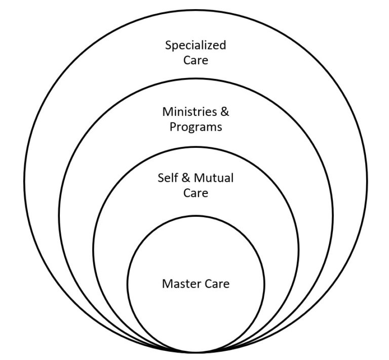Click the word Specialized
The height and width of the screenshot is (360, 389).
[196, 46]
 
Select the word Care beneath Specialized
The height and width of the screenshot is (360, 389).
[196, 61]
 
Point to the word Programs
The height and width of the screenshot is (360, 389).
[196, 127]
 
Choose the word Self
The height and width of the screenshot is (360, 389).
[167, 178]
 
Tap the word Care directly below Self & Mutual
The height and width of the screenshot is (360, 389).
[196, 193]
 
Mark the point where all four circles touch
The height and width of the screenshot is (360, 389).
[196, 352]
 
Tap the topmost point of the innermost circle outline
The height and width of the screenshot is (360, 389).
[196, 215]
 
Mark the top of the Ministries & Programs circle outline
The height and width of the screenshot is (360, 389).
[196, 78]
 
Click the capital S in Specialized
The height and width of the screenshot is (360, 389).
[168, 46]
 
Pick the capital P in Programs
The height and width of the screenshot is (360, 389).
[173, 127]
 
